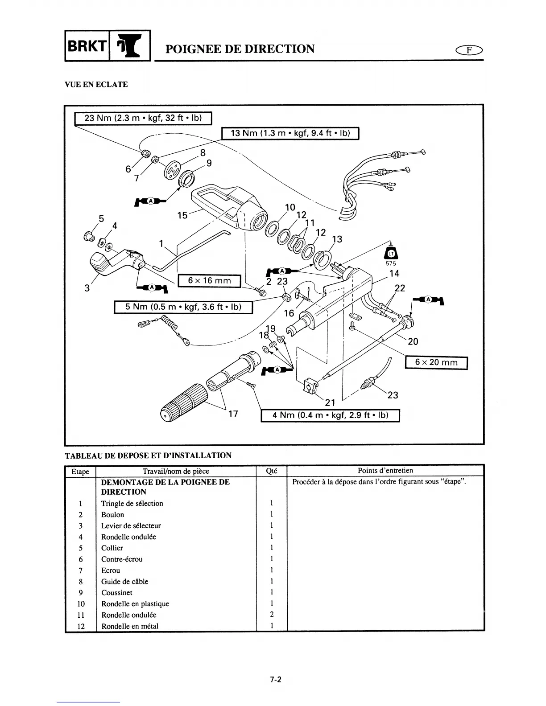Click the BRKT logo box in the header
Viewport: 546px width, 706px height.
tap(108, 45)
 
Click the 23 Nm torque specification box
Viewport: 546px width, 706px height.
tap(143, 118)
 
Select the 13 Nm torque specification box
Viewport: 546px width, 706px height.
tap(290, 133)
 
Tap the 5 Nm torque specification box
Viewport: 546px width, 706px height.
tap(183, 307)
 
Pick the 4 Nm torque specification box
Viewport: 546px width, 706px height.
tap(330, 415)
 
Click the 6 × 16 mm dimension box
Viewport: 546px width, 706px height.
tap(209, 280)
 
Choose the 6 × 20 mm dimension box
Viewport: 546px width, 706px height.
tap(436, 363)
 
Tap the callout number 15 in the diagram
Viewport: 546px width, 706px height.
tap(182, 216)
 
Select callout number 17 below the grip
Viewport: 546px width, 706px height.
tap(233, 414)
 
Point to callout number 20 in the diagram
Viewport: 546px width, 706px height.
tap(413, 341)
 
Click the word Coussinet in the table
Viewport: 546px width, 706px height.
tap(117, 592)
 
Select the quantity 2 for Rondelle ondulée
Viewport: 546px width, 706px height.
tap(272, 615)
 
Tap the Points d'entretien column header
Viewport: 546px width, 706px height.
tap(385, 470)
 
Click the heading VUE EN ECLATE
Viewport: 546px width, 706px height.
tap(96, 84)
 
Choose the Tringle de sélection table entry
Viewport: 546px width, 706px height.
tap(132, 503)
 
